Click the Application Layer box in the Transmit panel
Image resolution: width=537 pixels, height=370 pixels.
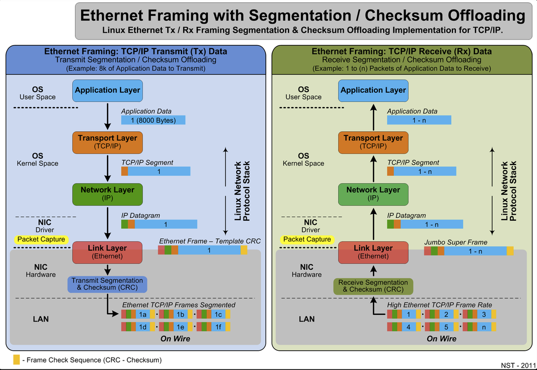pos(107,90)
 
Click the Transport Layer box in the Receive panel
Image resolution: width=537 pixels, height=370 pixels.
pos(373,142)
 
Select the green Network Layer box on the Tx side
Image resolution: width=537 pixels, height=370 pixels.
pos(107,194)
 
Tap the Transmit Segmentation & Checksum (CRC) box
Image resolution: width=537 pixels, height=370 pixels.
pos(107,284)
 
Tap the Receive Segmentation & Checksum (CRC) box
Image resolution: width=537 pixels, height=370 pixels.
pos(373,286)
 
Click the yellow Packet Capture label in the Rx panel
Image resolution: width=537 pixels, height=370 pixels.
pos(307,239)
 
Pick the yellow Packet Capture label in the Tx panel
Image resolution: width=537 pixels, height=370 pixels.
pos(41,239)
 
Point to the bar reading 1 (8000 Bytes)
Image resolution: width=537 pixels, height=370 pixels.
pos(153,121)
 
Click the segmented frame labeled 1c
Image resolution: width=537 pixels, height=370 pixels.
pos(218,314)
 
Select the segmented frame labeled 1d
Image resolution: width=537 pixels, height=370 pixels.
pos(143,327)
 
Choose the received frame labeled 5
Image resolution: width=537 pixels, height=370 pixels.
pos(445,327)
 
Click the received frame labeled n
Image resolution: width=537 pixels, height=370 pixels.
pos(483,327)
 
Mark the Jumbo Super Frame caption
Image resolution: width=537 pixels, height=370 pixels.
pos(455,242)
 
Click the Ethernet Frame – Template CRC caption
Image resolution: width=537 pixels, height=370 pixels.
pos(202,241)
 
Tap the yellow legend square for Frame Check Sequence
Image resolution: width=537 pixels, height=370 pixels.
pos(16,359)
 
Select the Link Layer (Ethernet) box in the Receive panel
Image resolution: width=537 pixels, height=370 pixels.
pos(373,252)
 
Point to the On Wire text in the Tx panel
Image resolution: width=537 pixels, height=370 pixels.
pos(175,338)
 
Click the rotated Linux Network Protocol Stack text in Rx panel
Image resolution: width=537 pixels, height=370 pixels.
pos(509,191)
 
